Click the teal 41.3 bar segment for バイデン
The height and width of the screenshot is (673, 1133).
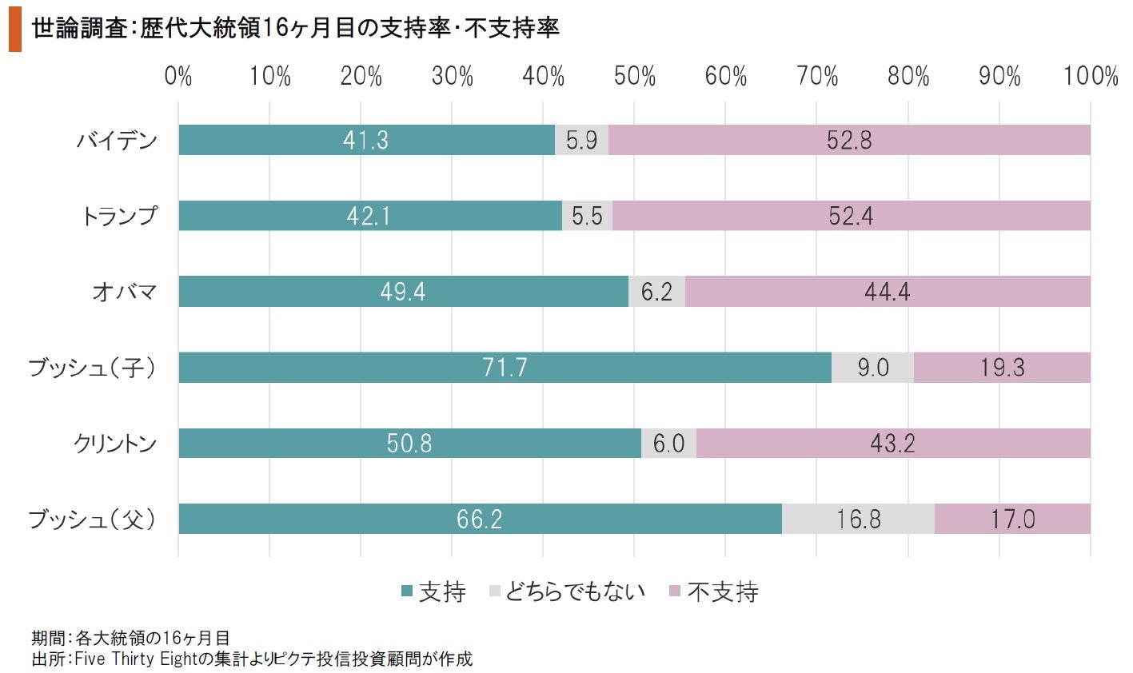point(366,141)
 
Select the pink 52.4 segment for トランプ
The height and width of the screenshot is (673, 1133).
point(851,216)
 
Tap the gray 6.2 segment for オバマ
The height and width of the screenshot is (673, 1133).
point(656,292)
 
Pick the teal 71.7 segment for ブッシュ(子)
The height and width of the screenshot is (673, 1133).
point(505,368)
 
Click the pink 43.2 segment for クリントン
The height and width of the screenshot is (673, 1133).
point(892,444)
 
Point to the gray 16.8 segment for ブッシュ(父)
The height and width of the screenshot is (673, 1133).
point(858,520)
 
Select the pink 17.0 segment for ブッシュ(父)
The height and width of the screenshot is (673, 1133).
point(1012,520)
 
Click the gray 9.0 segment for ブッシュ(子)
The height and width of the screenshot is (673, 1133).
point(872,368)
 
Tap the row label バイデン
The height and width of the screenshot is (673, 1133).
point(117,141)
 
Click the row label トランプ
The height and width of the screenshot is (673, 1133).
point(119,217)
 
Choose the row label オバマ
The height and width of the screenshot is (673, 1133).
point(124,293)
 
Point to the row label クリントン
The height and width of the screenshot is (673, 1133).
point(115,444)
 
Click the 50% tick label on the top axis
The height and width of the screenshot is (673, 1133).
point(634,77)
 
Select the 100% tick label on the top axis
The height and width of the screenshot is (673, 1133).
point(1090,77)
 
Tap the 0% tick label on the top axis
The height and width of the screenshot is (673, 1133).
point(178,77)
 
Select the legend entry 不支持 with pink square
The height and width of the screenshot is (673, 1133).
point(713,592)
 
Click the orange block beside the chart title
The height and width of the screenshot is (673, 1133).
point(14,30)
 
